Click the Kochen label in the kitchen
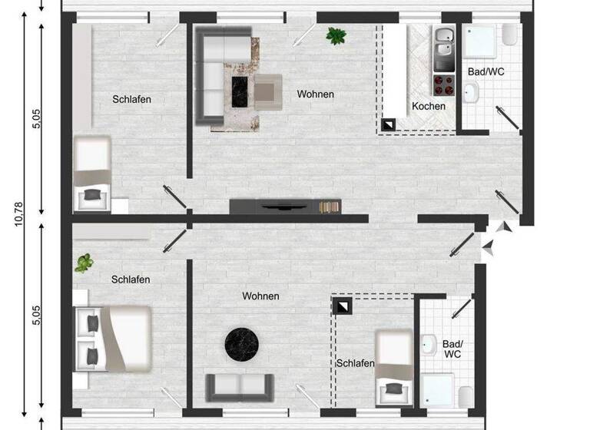(428, 106)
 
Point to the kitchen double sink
(444, 48)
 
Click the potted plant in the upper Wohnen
(335, 35)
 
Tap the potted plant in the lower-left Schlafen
(83, 263)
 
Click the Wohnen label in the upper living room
(316, 94)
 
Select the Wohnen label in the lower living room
(260, 296)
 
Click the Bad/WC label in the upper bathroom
(486, 72)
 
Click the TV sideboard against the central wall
(283, 206)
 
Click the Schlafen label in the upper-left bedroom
(131, 99)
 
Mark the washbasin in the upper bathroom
(472, 92)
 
